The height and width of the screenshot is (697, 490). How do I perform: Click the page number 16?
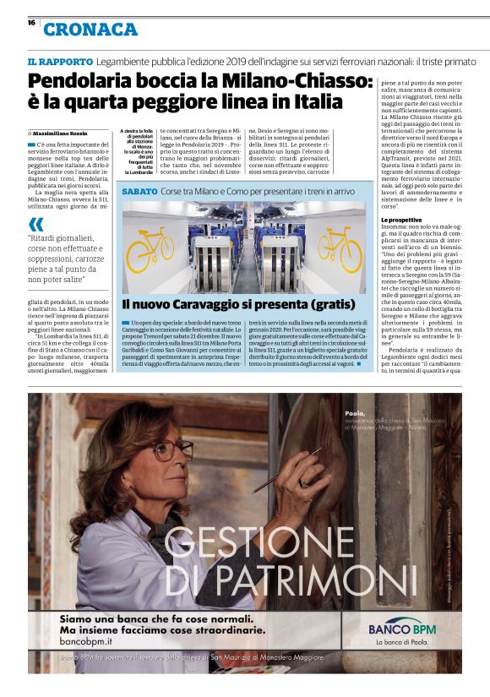31,23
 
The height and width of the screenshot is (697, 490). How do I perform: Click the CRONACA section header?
90,30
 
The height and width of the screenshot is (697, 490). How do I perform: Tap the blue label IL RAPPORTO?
59,63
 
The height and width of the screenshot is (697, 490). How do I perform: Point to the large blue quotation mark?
35,224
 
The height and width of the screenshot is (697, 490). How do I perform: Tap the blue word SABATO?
139,193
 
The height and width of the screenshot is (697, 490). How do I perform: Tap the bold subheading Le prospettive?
400,221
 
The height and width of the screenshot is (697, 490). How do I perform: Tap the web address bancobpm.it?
86,643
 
